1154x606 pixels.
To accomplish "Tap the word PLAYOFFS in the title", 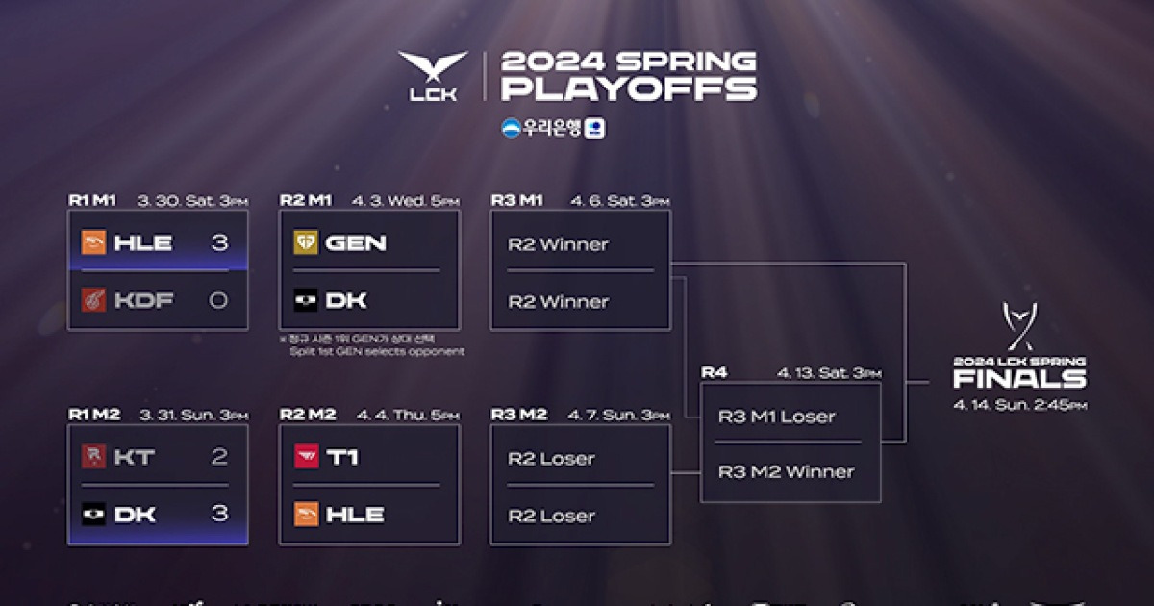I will (629, 89).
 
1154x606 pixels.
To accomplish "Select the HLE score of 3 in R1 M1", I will (219, 242).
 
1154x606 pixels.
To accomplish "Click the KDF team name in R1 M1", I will (143, 300).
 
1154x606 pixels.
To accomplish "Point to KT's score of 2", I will (219, 457).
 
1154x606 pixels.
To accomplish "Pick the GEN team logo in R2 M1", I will (306, 243).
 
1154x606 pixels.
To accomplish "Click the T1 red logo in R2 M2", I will (306, 457).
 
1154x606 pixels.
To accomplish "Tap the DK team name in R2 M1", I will (347, 300).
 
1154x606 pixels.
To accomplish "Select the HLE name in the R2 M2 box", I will (355, 514).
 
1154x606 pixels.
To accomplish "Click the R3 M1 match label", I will (518, 200).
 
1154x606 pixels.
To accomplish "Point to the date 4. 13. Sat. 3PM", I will (829, 373).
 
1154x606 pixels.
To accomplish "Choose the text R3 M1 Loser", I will (776, 417).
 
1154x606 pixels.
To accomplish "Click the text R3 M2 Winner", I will (786, 471).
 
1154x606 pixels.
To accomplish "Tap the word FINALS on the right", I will (1019, 379).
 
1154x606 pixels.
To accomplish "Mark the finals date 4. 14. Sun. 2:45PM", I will (1019, 405).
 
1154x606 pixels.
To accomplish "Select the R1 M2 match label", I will (94, 415).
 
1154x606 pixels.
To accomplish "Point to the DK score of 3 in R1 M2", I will (219, 514).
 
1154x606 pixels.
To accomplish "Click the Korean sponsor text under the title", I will (552, 128).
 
